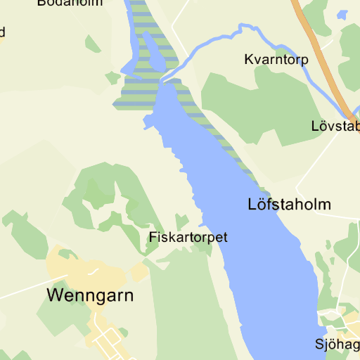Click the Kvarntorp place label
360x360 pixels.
pos(276,60)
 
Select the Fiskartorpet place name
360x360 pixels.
pos(188,238)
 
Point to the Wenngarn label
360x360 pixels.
pos(90,295)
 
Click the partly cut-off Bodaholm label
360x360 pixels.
pos(70,3)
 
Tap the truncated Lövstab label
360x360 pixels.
pos(335,127)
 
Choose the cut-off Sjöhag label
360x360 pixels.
pos(337,345)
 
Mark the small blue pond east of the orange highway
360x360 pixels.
pos(342,14)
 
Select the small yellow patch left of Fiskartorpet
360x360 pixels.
pos(139,271)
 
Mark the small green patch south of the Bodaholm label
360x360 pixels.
pos(92,44)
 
